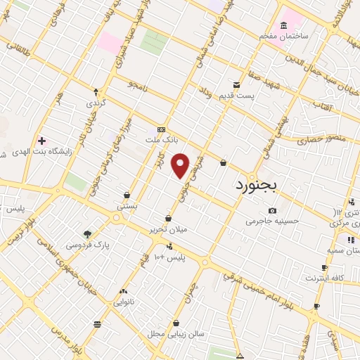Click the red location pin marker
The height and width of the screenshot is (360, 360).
(181, 165)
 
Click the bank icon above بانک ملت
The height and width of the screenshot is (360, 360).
(162, 130)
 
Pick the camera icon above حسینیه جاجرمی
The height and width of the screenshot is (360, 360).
(272, 210)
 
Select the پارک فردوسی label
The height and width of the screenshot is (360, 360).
(87, 245)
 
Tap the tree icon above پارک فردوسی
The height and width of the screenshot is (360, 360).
(87, 234)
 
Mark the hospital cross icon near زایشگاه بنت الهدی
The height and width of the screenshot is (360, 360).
(41, 141)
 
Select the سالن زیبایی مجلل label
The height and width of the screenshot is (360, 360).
(181, 333)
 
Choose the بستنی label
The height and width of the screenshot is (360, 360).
(127, 207)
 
